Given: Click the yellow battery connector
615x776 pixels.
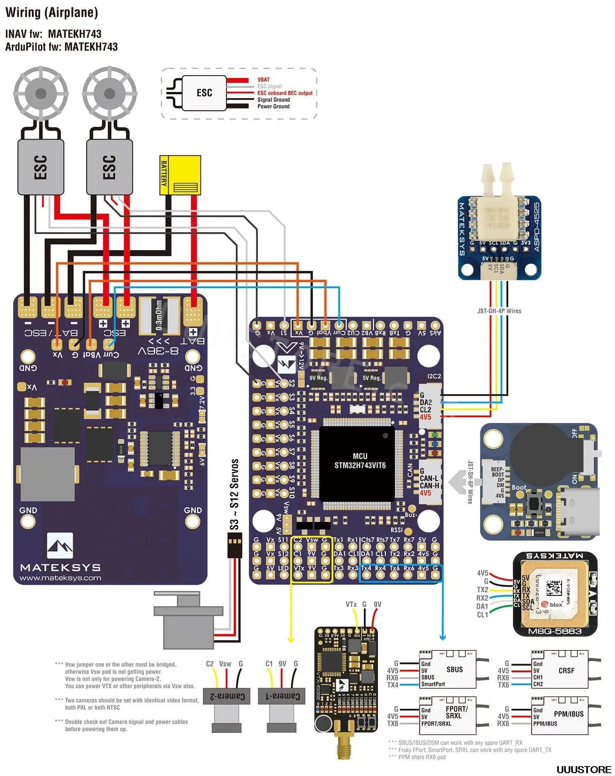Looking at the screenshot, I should coord(180,175).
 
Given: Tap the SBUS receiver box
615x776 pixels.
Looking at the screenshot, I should coord(448,669).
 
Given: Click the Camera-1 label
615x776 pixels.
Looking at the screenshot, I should coord(282,696).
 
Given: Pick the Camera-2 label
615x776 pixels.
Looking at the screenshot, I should coord(227,696).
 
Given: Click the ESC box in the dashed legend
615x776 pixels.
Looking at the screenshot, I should coord(204,93).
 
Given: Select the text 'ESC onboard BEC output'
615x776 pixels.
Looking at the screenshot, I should coord(285,93).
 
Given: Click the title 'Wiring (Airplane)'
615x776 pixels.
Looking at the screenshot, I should coord(52,13).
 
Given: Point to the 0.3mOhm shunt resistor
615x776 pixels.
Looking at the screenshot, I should coord(159,315).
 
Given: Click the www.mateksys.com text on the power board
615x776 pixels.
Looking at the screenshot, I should coord(60,578).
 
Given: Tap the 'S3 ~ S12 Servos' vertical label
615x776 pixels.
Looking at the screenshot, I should coord(234,494).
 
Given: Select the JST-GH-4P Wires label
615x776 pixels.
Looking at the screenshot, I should coord(499,311).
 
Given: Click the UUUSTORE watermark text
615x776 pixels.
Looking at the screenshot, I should coord(583,769).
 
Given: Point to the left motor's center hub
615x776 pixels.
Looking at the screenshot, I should coord(41,94).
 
